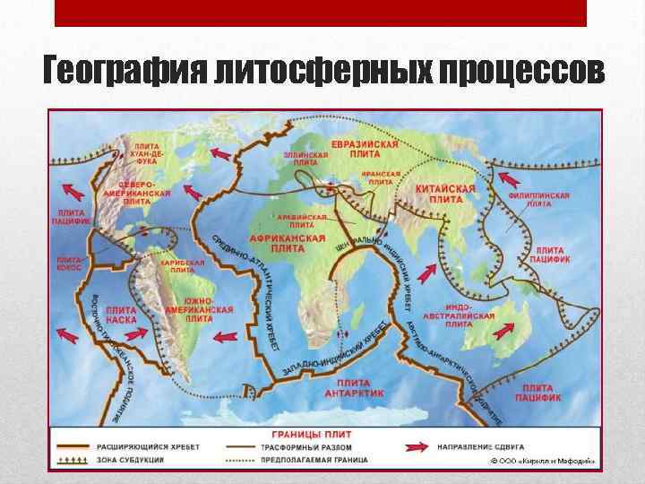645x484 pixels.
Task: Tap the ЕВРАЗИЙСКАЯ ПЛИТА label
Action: click(x=365, y=150)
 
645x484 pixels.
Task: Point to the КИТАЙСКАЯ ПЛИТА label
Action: click(x=445, y=194)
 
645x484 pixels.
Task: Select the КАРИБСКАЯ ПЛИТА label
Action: click(x=181, y=266)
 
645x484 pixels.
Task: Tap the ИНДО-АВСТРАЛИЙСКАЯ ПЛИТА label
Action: click(x=471, y=315)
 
